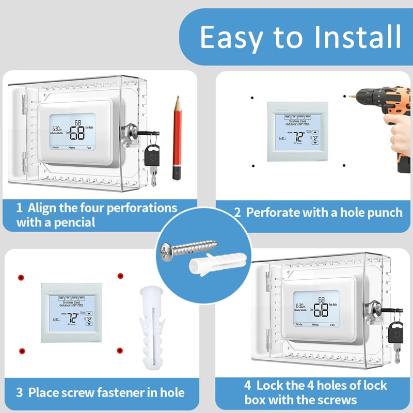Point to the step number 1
pyautogui.click(x=19, y=209)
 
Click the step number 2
pyautogui.click(x=237, y=212)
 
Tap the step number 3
pyautogui.click(x=19, y=392)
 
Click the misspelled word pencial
pyautogui.click(x=70, y=223)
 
